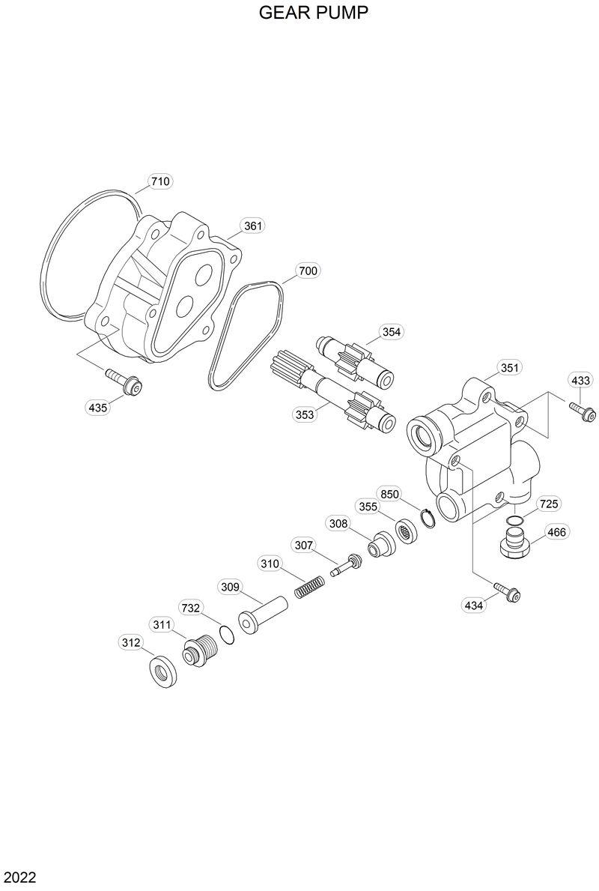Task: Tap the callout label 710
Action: [x=160, y=181]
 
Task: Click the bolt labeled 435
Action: [x=124, y=381]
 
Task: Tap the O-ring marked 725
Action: [x=515, y=520]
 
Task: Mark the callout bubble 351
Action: [x=509, y=368]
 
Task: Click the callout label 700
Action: [x=307, y=271]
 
